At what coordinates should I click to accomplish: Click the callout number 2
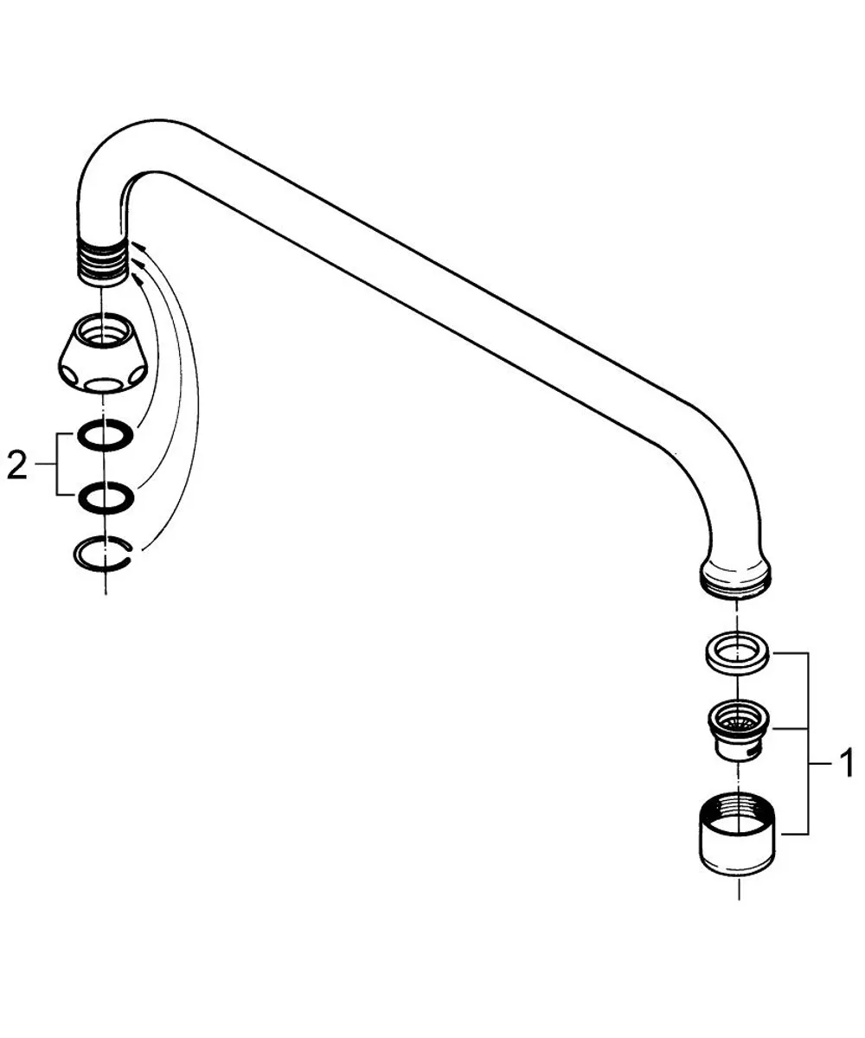click(17, 465)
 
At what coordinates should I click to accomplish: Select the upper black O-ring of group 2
click(105, 435)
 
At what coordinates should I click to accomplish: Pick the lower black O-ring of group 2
click(106, 497)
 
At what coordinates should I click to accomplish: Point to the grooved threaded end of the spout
click(104, 262)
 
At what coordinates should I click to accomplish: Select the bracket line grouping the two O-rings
click(57, 465)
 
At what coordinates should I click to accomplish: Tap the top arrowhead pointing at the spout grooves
click(138, 246)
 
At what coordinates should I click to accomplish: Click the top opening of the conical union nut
click(103, 329)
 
